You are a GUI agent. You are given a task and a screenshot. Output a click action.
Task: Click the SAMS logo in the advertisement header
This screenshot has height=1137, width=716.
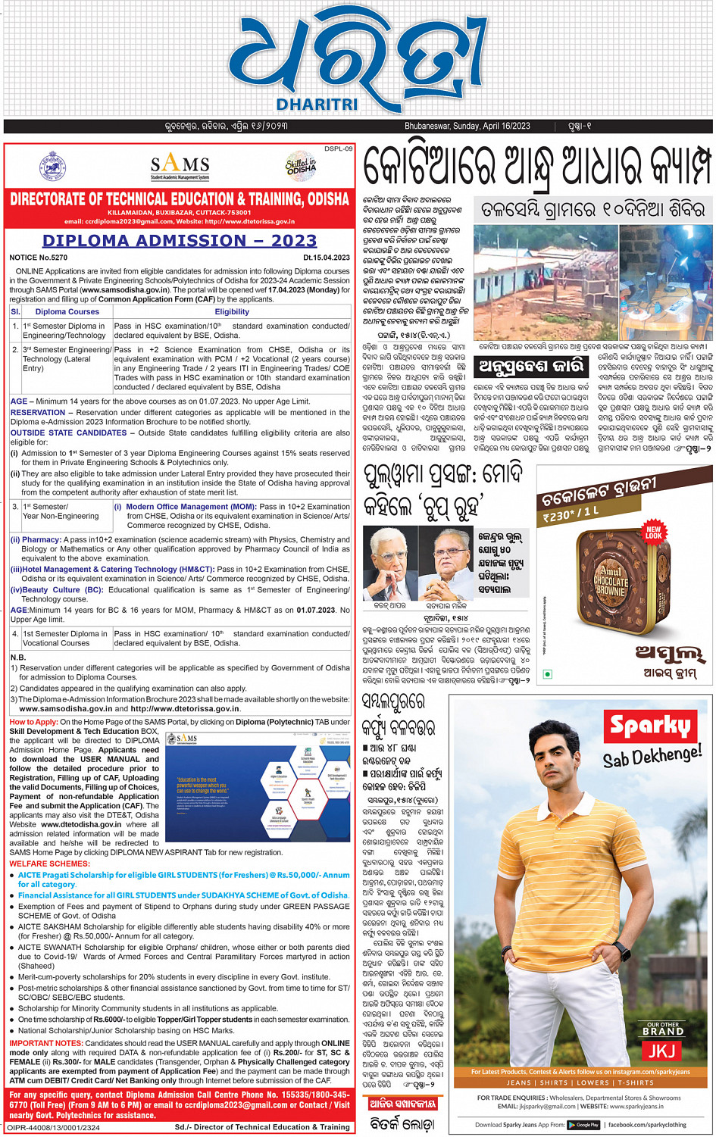point(180,165)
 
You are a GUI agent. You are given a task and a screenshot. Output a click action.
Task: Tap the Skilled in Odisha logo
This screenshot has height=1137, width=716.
point(301,166)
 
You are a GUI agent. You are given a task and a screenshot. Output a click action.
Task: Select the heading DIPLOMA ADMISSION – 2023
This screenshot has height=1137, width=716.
point(180,241)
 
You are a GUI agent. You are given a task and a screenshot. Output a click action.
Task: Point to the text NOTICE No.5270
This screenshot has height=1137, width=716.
point(39,258)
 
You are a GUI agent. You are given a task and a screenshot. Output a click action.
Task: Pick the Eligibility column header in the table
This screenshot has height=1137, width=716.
point(232,311)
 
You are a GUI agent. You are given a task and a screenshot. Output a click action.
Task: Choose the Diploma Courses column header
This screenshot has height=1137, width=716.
point(67,311)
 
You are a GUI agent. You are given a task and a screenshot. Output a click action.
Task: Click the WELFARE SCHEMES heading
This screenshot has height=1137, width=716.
point(49,864)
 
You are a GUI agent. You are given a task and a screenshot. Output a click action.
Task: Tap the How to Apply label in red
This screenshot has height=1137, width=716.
point(33,722)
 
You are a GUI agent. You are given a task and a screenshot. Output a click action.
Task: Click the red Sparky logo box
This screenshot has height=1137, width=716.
point(651,726)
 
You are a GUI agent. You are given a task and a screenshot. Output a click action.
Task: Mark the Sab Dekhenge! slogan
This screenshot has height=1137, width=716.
point(652,756)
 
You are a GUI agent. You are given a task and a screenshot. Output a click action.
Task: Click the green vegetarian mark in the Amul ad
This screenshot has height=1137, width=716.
point(548,673)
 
